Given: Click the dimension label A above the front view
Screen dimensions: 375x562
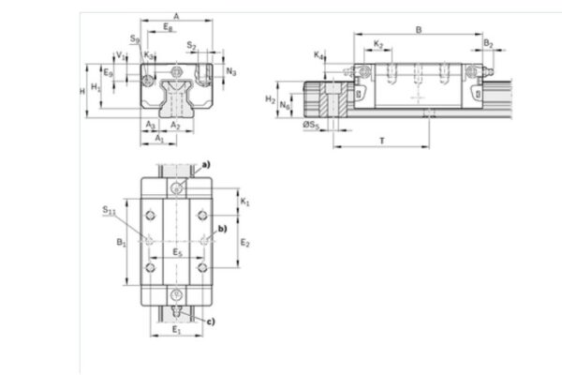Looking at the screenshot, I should pos(177,15).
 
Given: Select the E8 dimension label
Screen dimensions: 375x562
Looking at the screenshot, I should pos(169,29).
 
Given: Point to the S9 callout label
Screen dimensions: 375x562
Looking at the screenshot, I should pos(136,39).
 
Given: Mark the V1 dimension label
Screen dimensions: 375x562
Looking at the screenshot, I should pos(119,55).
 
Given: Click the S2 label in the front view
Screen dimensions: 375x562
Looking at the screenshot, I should pos(191,44).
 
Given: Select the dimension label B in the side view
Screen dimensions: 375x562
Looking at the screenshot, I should pos(418,29).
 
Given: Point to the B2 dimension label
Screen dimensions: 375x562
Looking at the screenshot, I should pos(489,44).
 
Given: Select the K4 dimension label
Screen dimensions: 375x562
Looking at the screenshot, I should pos(320,56).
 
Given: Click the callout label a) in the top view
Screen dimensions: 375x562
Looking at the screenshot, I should pos(206,164).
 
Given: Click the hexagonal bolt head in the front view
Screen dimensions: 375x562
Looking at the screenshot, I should pos(178,72).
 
